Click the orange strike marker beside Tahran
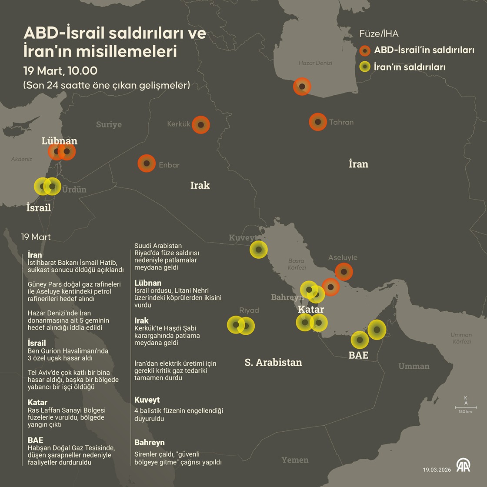318,122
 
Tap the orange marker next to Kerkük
200,125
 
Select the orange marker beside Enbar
147,163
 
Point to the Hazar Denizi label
315,63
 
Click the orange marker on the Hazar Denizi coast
302,87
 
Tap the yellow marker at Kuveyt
259,250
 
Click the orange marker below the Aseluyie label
344,272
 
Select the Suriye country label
109,124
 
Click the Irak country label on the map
200,185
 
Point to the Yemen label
295,460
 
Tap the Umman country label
414,366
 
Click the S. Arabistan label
273,362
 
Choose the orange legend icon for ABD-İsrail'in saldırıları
365,50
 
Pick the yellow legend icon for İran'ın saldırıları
365,67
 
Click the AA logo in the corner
463,465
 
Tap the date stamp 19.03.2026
437,470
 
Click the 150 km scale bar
466,408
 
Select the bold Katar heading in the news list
37,403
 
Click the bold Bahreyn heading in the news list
150,443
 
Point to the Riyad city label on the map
249,310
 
